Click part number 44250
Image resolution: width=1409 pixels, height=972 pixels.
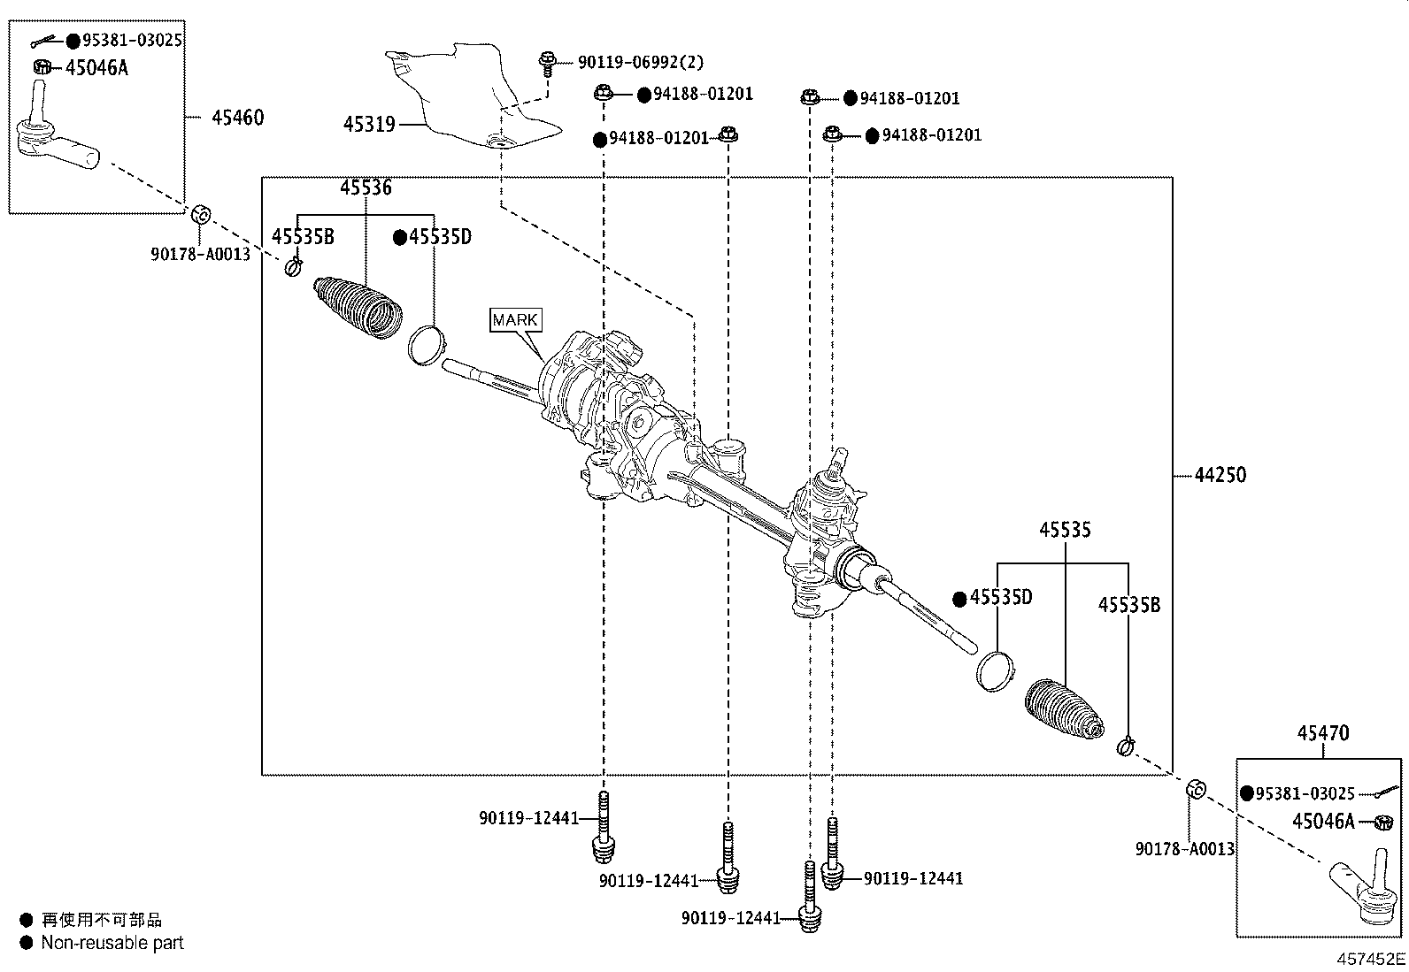(1220, 475)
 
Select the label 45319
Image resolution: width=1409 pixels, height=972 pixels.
(369, 125)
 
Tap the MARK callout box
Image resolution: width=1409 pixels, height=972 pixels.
(515, 320)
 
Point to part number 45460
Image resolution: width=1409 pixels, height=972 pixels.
(237, 118)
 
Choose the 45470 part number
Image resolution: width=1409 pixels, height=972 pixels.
(1323, 733)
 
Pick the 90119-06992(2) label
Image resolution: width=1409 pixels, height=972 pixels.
(641, 63)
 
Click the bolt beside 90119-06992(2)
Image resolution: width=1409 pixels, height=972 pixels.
(546, 62)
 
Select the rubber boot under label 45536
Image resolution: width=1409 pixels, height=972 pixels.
(357, 307)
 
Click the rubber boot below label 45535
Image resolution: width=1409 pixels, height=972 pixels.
(1063, 709)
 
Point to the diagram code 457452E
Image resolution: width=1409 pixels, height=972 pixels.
(1371, 960)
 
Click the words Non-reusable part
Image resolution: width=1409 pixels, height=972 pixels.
(112, 943)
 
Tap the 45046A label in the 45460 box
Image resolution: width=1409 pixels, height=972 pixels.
(96, 68)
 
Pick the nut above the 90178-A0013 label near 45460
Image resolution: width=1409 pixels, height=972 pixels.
(200, 214)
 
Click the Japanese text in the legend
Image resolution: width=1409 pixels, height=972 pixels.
(102, 921)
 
